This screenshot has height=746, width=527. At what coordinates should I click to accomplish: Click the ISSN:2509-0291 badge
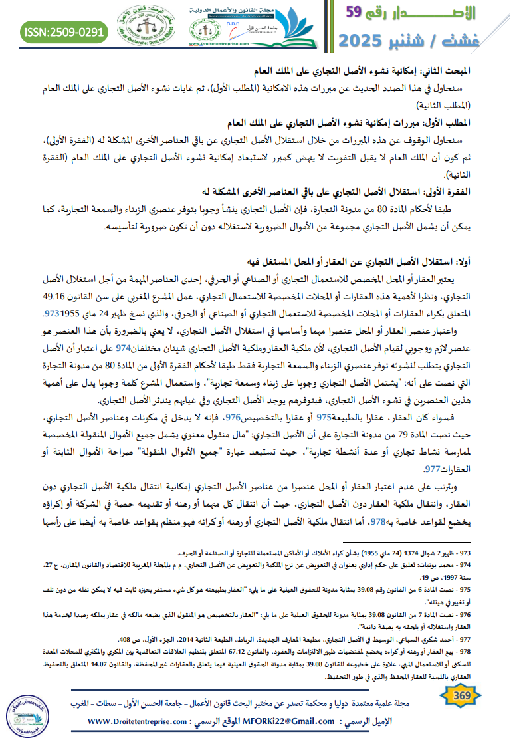tap(63, 31)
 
